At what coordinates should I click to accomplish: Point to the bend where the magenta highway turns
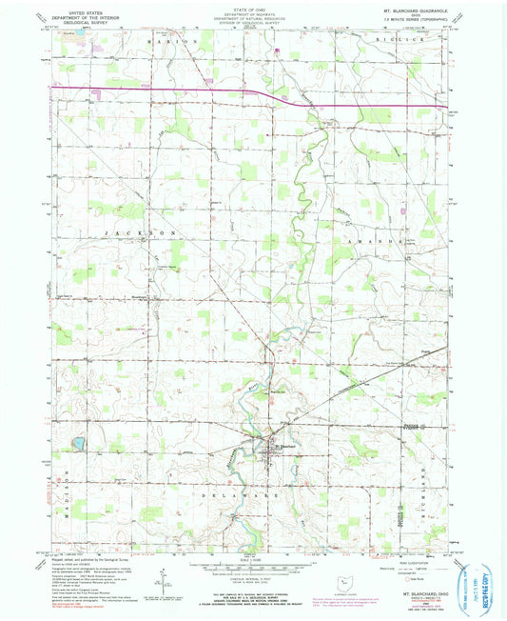pyautogui.click(x=283, y=96)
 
